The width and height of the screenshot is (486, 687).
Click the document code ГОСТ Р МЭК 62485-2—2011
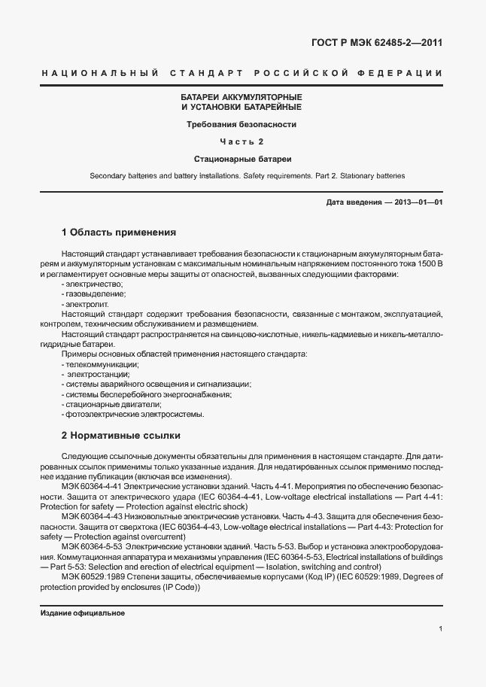[376, 43]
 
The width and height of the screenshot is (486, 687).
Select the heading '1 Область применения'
[118, 232]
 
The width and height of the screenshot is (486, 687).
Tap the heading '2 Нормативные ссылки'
[120, 436]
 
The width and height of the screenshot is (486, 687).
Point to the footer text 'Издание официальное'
[82, 613]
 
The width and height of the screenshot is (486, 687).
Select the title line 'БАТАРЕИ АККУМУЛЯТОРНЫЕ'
[241, 98]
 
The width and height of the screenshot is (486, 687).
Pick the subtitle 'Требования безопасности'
[241, 124]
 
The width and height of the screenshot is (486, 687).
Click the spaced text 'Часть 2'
[241, 141]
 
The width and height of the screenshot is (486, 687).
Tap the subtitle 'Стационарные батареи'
[241, 159]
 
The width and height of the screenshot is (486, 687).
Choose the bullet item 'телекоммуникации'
[102, 363]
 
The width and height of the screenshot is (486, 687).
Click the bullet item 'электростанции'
[99, 374]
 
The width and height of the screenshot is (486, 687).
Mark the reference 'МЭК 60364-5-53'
[91, 546]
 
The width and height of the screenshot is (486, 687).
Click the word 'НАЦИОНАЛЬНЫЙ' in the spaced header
[99, 73]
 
